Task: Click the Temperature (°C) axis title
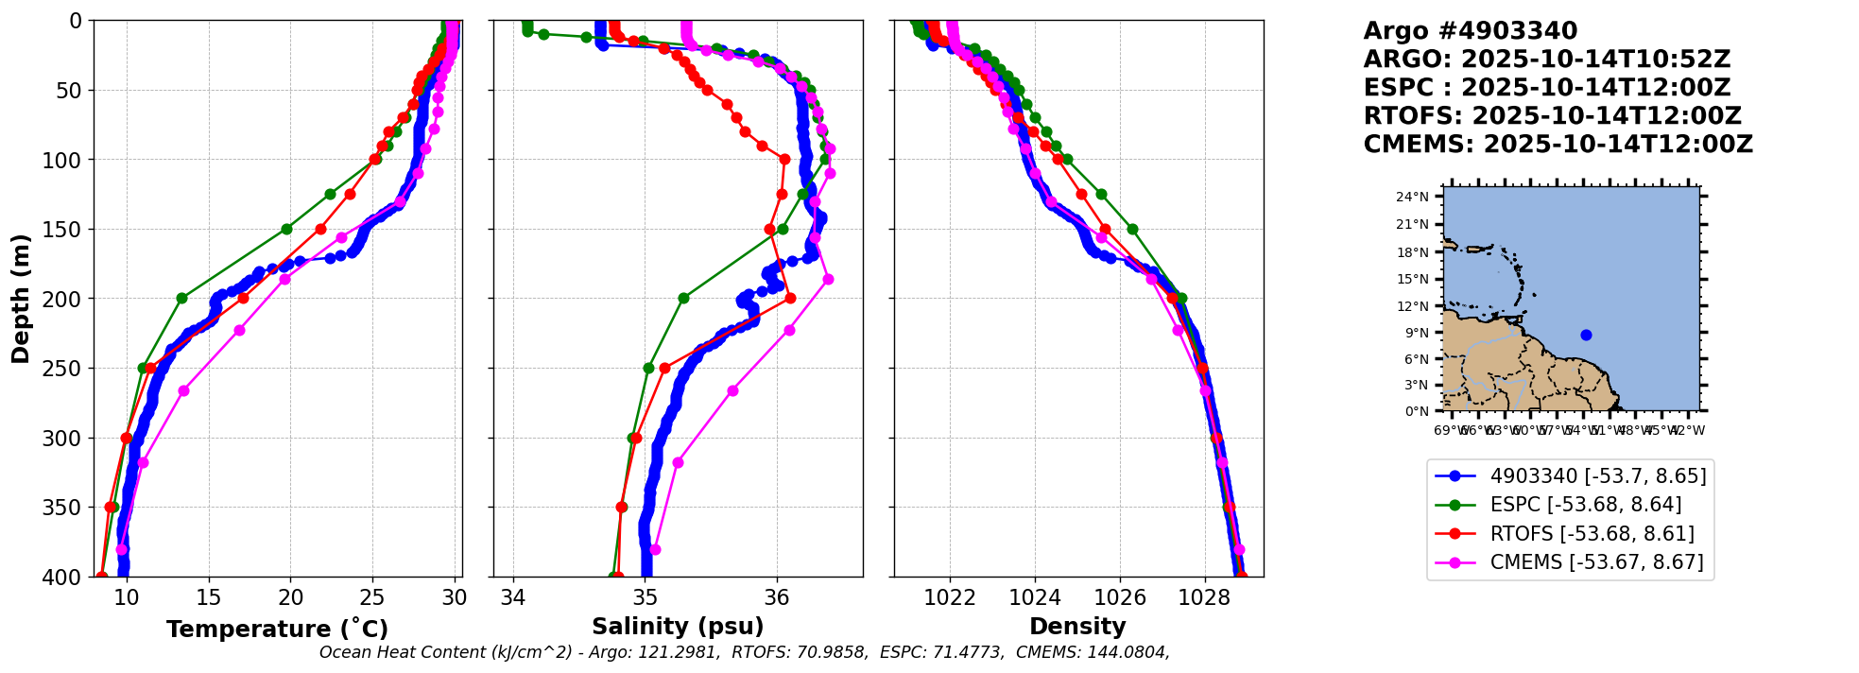pyautogui.click(x=277, y=630)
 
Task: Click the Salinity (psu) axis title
pyautogui.click(x=678, y=627)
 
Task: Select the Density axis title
pyautogui.click(x=1077, y=627)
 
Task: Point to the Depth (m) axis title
pyautogui.click(x=21, y=298)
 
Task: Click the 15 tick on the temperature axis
pyautogui.click(x=209, y=598)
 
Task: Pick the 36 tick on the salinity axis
pyautogui.click(x=777, y=598)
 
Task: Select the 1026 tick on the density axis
pyautogui.click(x=1120, y=598)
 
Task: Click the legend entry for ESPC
pyautogui.click(x=1585, y=505)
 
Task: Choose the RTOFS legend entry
pyautogui.click(x=1592, y=534)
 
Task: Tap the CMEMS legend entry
pyautogui.click(x=1596, y=562)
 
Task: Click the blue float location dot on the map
pyautogui.click(x=1586, y=335)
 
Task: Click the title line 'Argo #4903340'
pyautogui.click(x=1470, y=31)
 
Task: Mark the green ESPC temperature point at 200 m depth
pyautogui.click(x=181, y=299)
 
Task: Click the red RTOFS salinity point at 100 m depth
pyautogui.click(x=784, y=160)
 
